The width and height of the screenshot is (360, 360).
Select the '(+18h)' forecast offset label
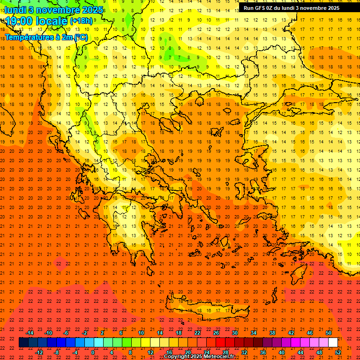click(x=81, y=22)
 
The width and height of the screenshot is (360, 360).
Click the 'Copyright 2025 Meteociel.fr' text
click(x=199, y=357)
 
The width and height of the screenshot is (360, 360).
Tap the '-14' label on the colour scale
click(x=30, y=333)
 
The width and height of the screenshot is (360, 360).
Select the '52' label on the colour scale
click(x=338, y=352)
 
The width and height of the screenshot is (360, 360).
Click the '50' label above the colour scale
click(x=329, y=333)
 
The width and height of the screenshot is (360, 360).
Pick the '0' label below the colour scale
click(x=93, y=352)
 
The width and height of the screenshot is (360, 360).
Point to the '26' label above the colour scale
click(x=216, y=333)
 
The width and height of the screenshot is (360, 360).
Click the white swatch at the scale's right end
click(x=333, y=343)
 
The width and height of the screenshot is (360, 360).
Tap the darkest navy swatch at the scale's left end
click(x=23, y=343)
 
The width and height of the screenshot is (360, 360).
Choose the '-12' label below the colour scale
click(x=39, y=352)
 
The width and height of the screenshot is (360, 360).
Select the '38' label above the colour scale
click(x=272, y=333)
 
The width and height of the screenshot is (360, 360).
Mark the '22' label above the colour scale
click(x=197, y=333)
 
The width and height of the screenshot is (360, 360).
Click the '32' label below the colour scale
click(x=244, y=352)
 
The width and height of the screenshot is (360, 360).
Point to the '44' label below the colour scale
click(x=300, y=352)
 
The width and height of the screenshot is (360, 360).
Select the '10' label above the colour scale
click(x=141, y=333)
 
